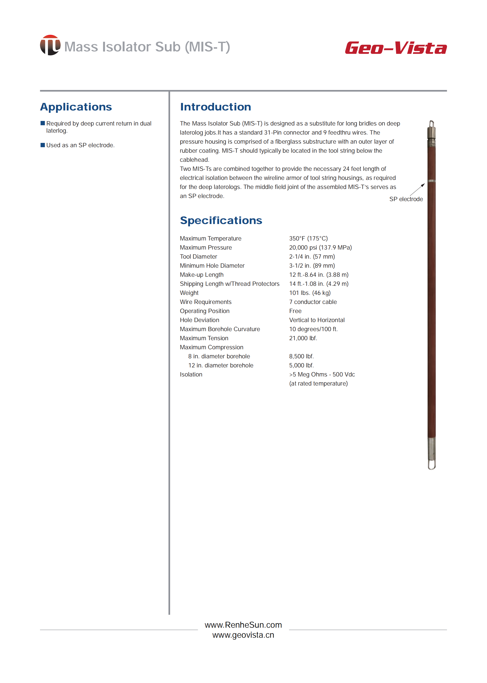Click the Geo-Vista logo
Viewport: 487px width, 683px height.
pos(396,48)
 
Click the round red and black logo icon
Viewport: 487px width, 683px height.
pos(50,45)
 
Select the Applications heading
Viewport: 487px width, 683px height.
pos(76,107)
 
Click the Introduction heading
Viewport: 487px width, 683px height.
pos(215,107)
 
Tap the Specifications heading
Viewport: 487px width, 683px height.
pos(221,220)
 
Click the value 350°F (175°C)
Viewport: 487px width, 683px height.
pos(308,238)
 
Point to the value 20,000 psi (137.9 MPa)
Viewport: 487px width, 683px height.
pos(320,247)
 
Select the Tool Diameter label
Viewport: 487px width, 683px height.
pos(198,257)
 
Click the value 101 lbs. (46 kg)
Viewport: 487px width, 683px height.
pos(310,293)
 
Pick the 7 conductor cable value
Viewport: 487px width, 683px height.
pos(313,302)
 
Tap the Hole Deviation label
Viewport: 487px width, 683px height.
pos(199,320)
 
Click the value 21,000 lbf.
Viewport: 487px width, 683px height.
pos(303,338)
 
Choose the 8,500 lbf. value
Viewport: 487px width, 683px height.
pos(301,356)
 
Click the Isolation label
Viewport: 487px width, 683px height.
pos(191,375)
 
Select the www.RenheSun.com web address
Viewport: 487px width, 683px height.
pos(243,625)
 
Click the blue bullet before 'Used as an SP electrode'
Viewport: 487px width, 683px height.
pos(42,145)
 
